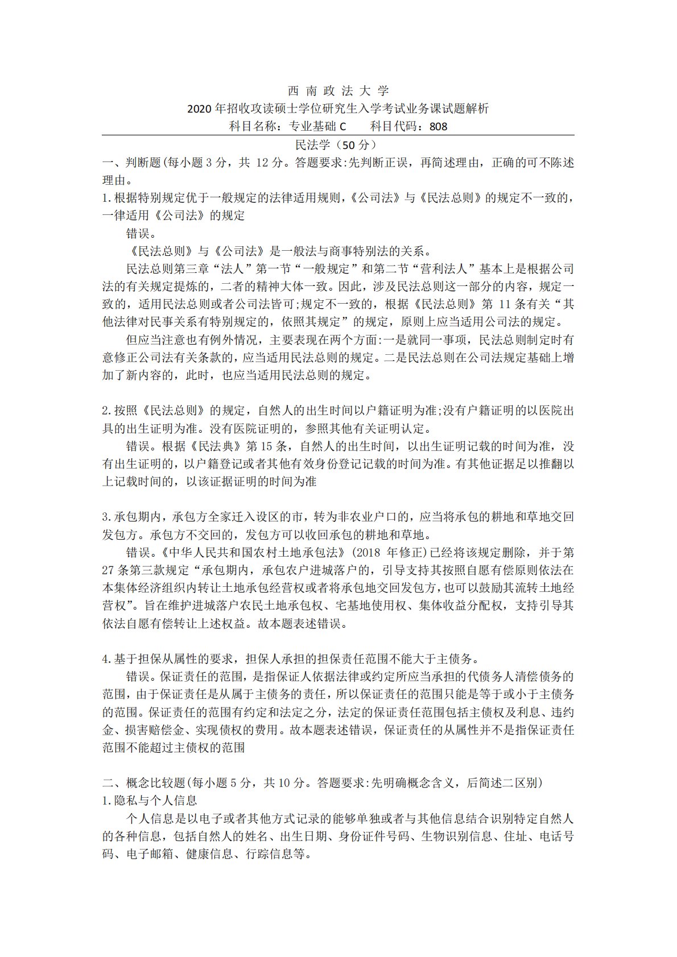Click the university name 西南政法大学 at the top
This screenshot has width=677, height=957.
click(338, 90)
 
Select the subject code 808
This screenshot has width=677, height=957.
click(439, 126)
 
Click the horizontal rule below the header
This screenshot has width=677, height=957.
click(338, 135)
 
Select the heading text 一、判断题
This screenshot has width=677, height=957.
click(132, 163)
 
